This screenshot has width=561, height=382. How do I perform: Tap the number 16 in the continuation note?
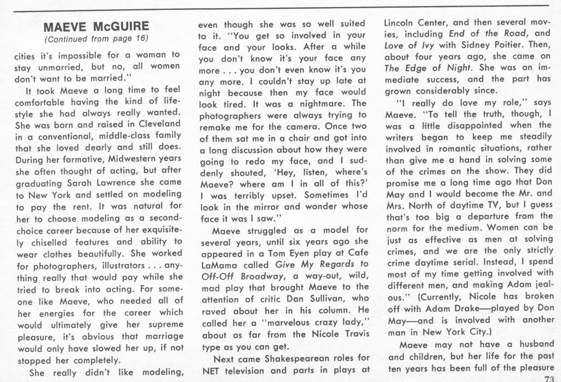point(140,39)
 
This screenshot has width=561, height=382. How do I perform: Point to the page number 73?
point(548,378)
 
